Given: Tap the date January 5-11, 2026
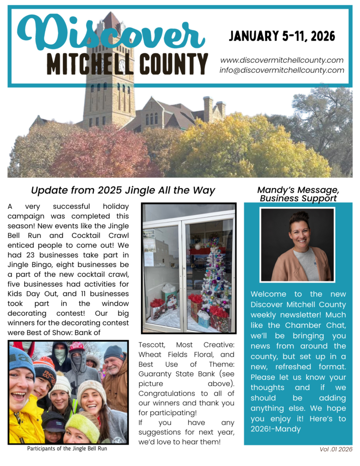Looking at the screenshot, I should [x=282, y=36].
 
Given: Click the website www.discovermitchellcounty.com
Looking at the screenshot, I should [x=282, y=60].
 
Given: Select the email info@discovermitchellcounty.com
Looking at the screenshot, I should [x=282, y=70].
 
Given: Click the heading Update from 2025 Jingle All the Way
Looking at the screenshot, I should [x=123, y=191].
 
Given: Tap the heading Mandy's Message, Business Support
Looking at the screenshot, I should [x=298, y=194].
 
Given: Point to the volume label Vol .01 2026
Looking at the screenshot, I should [x=336, y=450].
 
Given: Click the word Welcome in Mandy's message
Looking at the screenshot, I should [x=269, y=294].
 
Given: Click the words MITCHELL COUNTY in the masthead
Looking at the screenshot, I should [x=127, y=64].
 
